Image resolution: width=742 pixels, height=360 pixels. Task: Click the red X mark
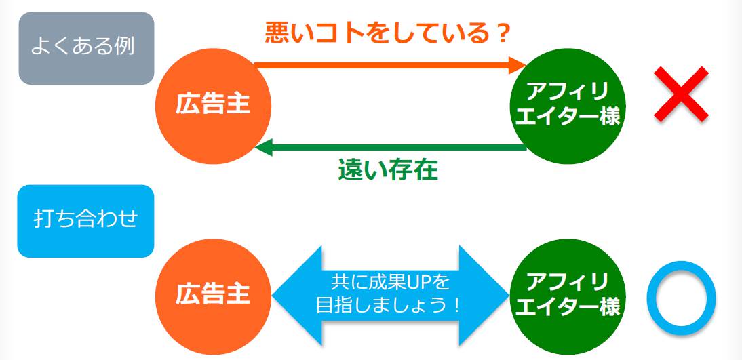(x=681, y=94)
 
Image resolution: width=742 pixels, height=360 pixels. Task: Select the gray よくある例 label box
(x=86, y=48)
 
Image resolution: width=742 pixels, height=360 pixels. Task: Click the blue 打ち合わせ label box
(x=85, y=221)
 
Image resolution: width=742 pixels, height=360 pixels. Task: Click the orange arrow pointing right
(x=391, y=65)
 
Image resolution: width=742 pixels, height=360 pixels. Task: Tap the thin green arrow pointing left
(x=391, y=148)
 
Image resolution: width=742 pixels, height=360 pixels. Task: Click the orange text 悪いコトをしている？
(x=387, y=34)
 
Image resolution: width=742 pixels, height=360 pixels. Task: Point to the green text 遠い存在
(x=388, y=170)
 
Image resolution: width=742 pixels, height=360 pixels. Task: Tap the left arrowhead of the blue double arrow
(x=297, y=296)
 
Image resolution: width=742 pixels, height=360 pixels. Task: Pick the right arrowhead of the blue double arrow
(x=484, y=296)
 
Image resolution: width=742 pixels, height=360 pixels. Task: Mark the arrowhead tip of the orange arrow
(x=526, y=65)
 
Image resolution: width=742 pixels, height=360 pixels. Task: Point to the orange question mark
(x=503, y=34)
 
